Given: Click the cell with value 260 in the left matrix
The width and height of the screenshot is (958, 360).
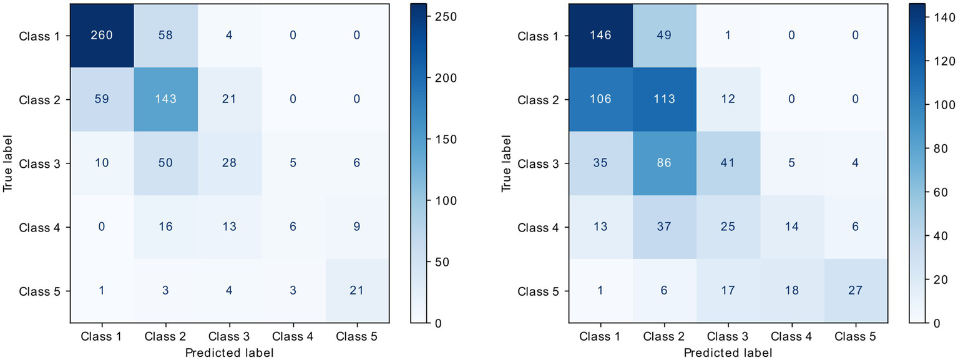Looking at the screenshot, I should coord(101,36).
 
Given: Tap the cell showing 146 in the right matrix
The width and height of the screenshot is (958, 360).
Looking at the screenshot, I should coord(600,36).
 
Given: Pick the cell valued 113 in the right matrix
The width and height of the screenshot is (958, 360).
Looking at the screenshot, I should coord(663,99).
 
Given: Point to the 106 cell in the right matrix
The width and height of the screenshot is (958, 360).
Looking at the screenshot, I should coord(600,99).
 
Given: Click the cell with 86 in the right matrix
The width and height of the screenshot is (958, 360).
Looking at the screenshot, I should coord(663,163).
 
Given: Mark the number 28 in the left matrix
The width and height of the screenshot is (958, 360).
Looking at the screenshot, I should coord(229,163).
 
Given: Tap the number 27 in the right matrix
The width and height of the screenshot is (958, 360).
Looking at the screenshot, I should coord(856,291).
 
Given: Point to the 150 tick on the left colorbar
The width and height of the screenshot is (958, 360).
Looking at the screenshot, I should coord(445,139).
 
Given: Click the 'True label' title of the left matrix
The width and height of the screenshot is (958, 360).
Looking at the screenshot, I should coord(8,163).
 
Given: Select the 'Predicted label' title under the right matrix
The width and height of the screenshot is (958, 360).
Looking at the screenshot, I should coord(728,353).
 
